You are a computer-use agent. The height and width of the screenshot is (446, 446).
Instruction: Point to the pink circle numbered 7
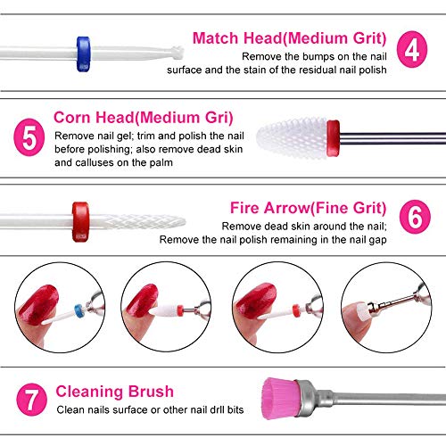click(30, 397)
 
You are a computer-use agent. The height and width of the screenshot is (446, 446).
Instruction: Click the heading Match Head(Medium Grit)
click(288, 38)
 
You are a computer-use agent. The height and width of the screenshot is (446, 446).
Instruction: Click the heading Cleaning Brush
click(115, 392)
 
